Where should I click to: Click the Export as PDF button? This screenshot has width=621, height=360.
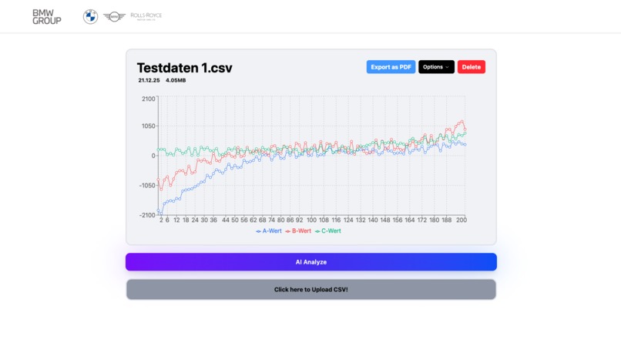(x=391, y=67)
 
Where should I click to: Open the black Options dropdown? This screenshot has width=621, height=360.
(x=436, y=67)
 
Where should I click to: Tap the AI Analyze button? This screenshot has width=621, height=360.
(x=310, y=262)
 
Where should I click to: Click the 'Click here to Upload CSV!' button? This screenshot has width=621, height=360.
(x=310, y=290)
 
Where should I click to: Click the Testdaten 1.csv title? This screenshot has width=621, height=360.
(x=184, y=68)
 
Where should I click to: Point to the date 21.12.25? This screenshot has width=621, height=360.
(x=148, y=80)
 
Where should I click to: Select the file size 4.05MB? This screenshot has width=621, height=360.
(x=176, y=80)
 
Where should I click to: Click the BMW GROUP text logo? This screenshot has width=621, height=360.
(x=46, y=17)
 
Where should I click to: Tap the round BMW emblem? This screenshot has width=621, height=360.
(x=90, y=17)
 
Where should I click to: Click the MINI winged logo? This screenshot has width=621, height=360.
(x=114, y=17)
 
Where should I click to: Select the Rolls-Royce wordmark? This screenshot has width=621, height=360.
(x=146, y=16)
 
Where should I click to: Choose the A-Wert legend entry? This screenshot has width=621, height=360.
(x=269, y=231)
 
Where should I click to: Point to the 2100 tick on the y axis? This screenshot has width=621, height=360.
(x=148, y=99)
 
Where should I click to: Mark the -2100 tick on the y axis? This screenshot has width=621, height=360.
(x=146, y=215)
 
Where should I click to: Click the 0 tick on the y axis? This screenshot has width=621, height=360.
(x=153, y=156)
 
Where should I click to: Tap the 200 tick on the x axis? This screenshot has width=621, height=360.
(x=462, y=220)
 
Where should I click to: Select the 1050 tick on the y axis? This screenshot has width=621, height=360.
(x=148, y=126)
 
